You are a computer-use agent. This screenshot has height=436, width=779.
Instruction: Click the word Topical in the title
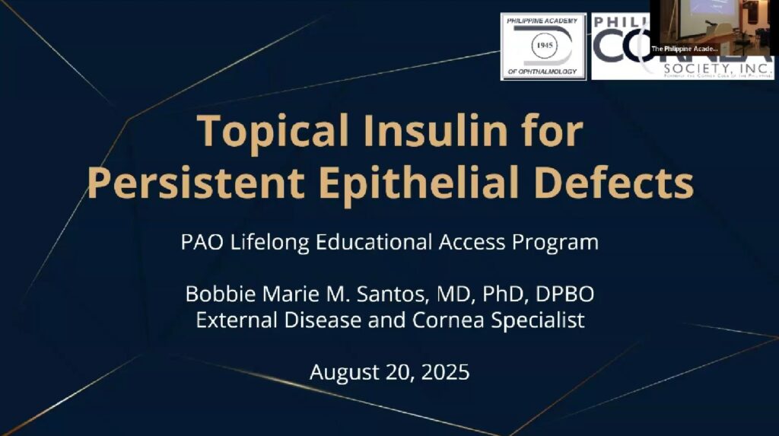point(263,132)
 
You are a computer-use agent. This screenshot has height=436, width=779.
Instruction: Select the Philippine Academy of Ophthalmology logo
point(542,46)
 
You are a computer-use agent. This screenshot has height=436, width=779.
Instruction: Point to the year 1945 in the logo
point(543,46)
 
